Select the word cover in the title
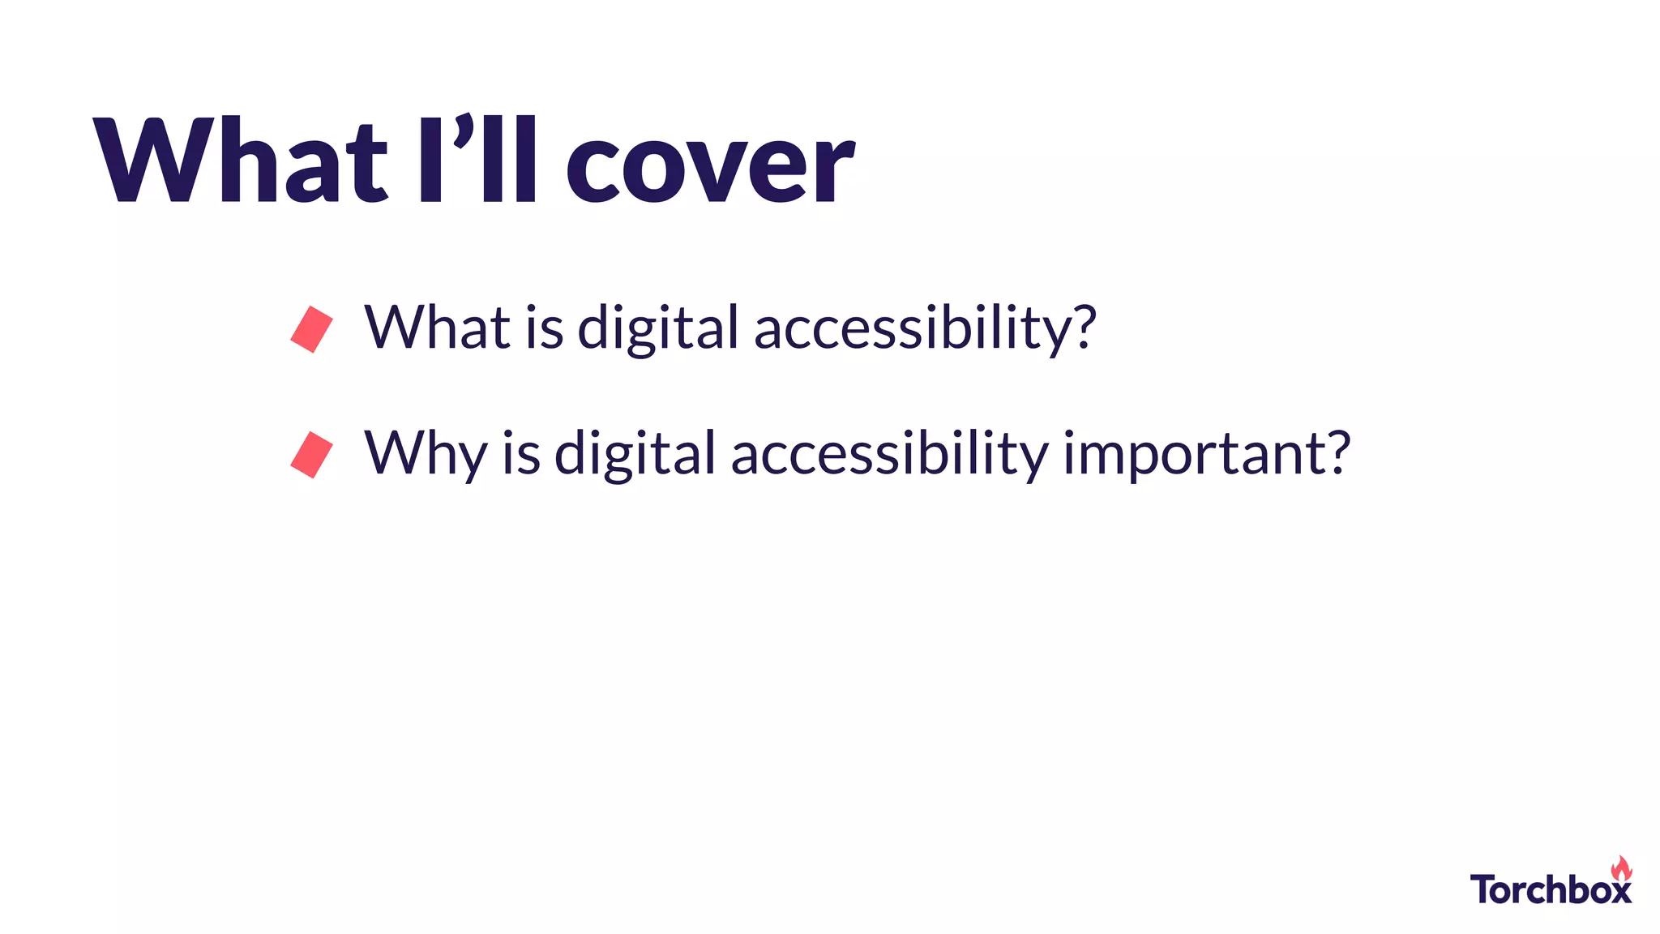point(709,166)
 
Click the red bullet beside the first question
point(312,329)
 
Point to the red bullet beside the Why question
point(312,455)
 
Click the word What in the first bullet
point(438,328)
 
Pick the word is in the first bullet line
point(544,328)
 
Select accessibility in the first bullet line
point(916,329)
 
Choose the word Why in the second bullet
point(426,454)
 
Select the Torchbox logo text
point(1550,889)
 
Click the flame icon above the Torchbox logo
point(1621,868)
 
